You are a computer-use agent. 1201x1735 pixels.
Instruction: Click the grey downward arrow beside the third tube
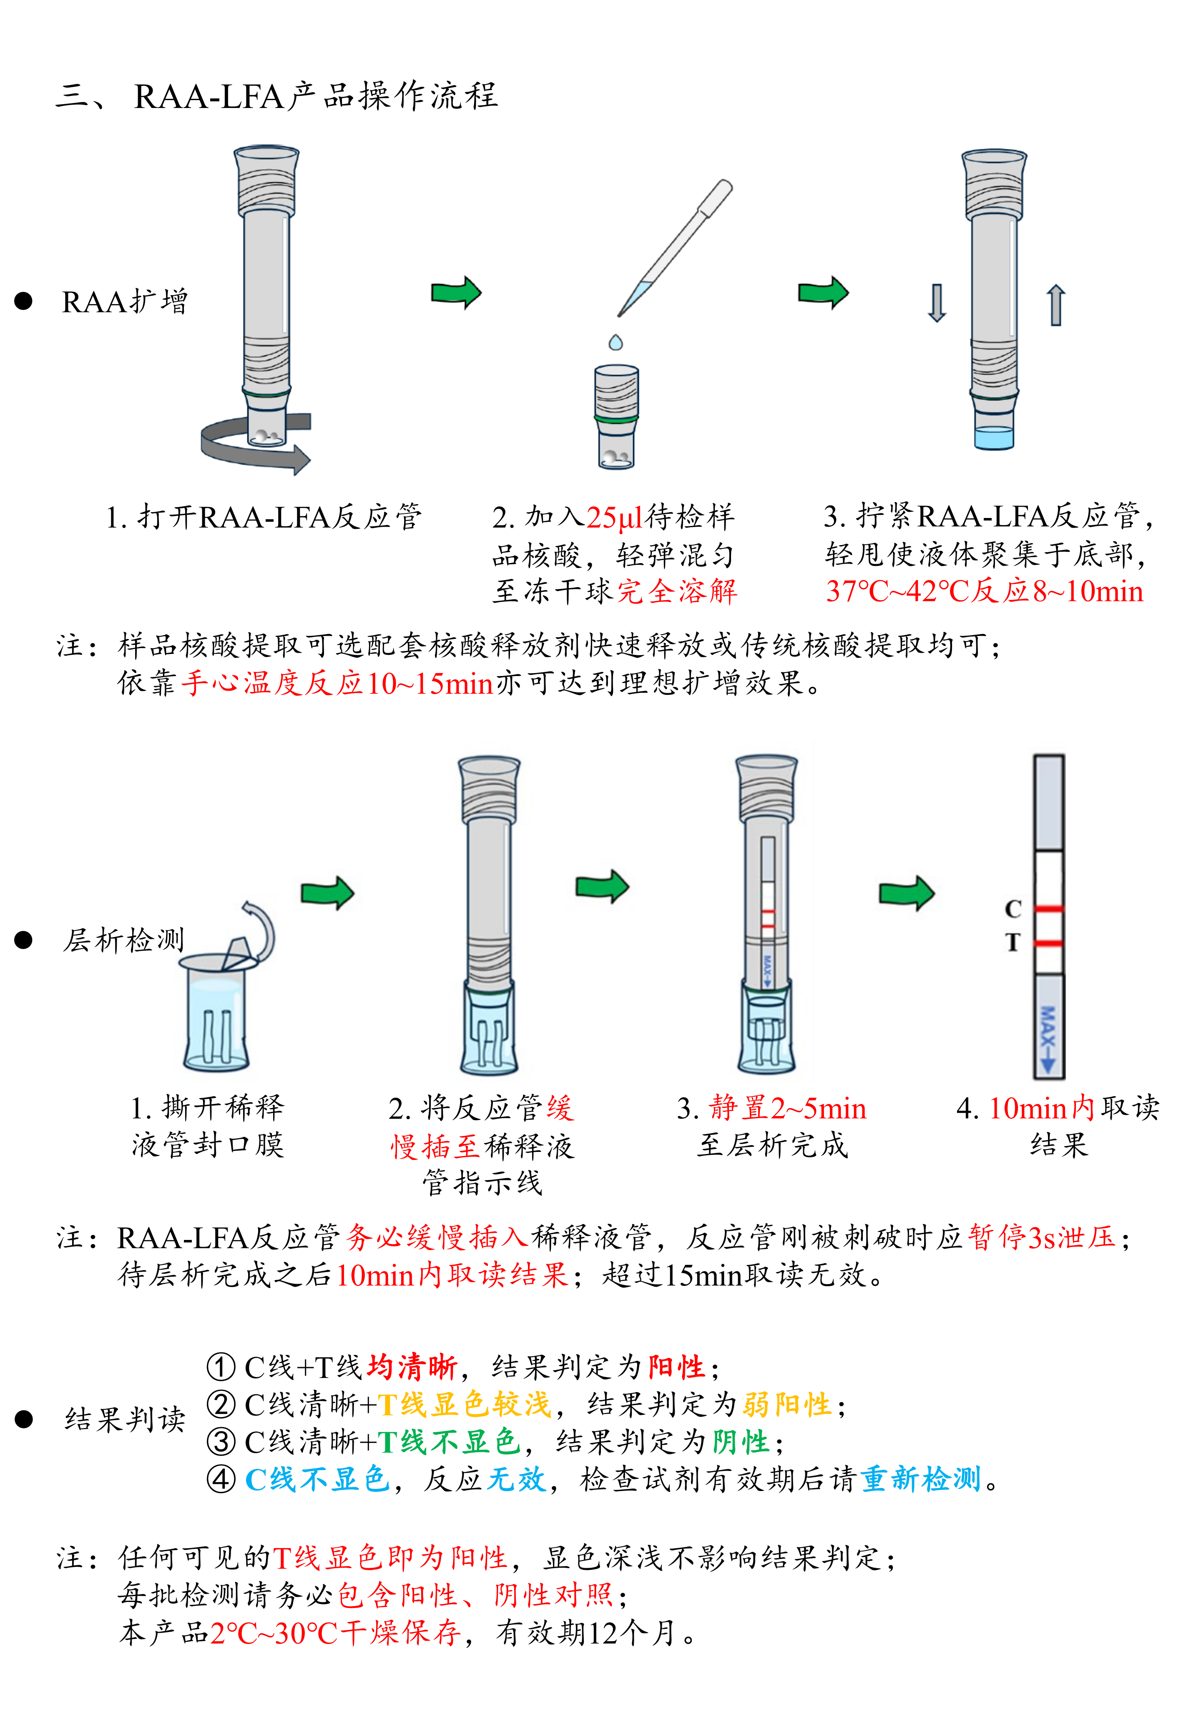pyautogui.click(x=937, y=302)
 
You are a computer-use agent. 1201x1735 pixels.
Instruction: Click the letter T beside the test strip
pyautogui.click(x=1013, y=943)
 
